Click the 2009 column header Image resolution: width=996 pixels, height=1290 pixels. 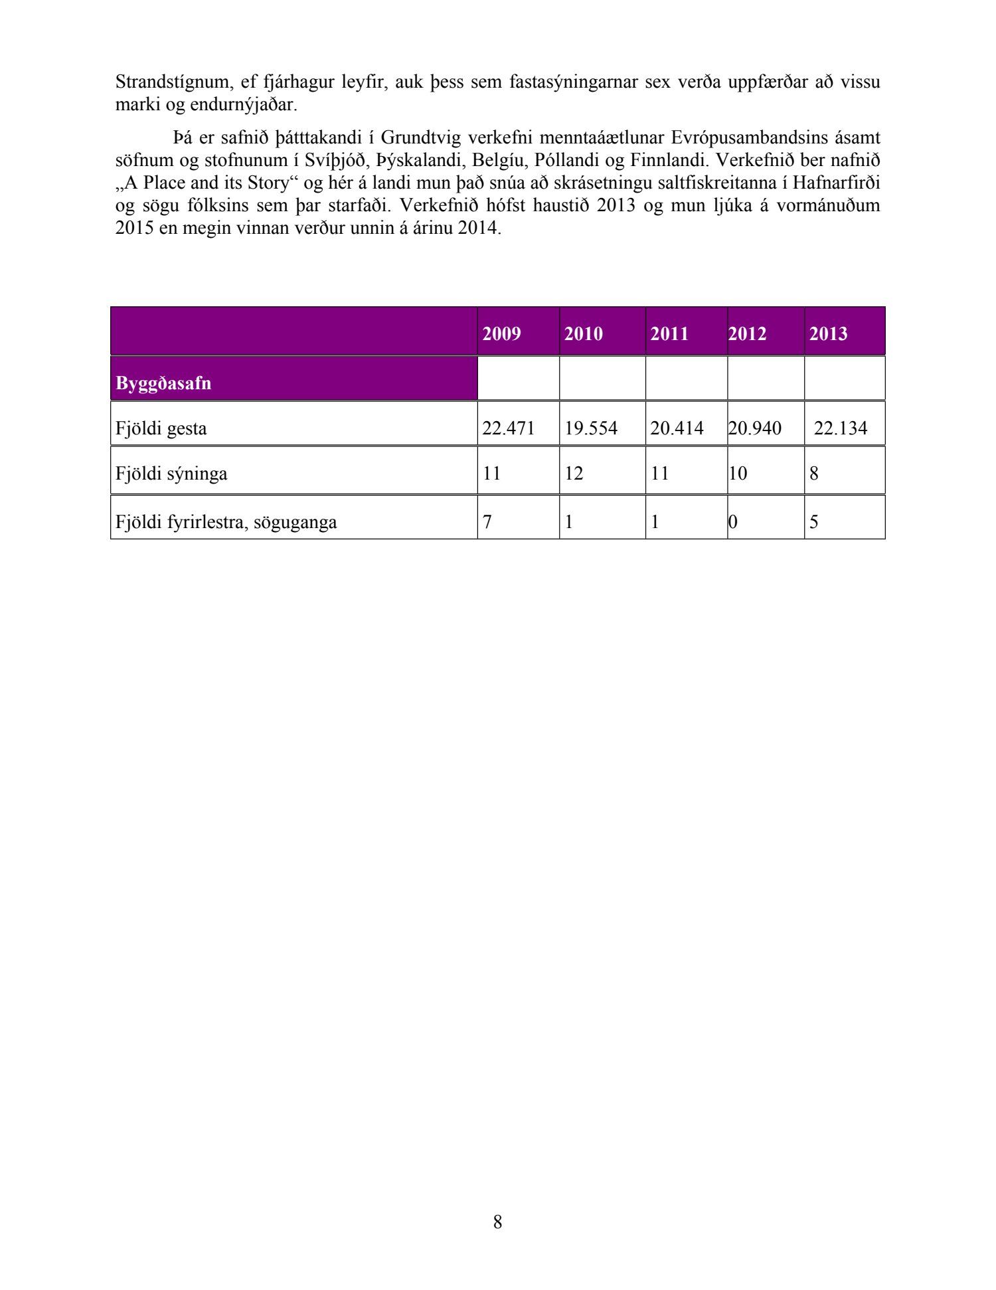pos(501,333)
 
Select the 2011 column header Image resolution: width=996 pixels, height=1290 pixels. pos(669,333)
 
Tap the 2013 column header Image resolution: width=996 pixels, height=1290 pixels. pos(828,333)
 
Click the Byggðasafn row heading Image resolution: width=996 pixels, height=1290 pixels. pos(163,383)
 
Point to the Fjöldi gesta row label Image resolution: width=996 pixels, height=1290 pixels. pos(161,428)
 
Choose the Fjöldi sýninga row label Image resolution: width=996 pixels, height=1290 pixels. pos(171,474)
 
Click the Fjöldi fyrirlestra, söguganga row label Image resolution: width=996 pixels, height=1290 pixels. pos(226,522)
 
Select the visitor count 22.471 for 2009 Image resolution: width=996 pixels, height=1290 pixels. pos(508,428)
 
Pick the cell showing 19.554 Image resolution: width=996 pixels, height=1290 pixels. pos(591,428)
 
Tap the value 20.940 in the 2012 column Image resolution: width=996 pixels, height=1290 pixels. pos(754,428)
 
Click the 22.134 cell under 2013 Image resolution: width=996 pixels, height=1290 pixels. pos(840,428)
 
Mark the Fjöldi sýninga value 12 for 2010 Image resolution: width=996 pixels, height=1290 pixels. pos(574,474)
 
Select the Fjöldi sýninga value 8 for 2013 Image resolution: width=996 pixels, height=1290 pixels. pos(814,474)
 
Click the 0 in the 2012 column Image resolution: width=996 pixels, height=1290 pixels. pos(732,522)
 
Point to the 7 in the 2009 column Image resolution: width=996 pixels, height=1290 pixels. pos(487,522)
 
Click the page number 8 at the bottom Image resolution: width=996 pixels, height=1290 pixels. pos(498,1222)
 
